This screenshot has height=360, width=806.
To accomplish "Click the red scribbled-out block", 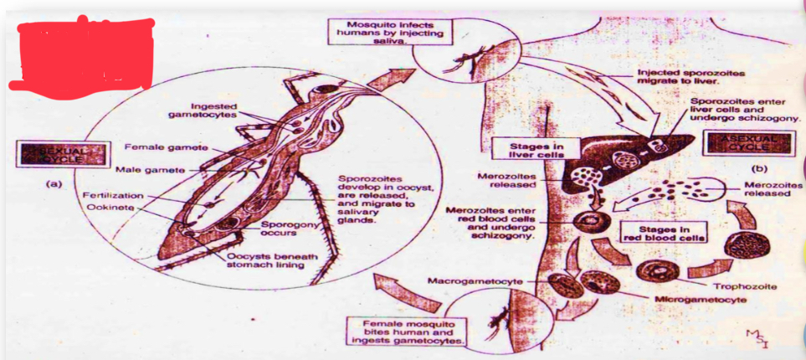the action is click(81, 53).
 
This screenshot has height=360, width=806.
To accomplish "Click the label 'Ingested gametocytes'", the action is click(213, 110).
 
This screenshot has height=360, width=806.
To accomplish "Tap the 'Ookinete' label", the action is click(109, 207).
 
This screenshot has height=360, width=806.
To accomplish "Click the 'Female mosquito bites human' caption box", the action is click(407, 332).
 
